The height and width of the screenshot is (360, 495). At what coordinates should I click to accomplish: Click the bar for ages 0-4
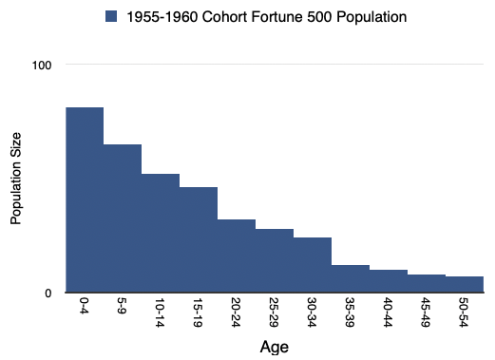85,199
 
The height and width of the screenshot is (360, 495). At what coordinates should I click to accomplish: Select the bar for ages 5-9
123,218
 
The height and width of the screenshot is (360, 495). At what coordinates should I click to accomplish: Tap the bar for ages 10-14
161,233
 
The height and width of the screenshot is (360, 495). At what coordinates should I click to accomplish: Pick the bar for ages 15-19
199,239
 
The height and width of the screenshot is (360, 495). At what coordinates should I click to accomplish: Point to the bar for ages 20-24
237,256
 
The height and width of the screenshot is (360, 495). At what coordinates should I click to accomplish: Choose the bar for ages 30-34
313,265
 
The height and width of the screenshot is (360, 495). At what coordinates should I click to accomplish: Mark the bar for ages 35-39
351,278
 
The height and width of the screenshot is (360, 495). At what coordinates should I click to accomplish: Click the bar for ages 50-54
465,284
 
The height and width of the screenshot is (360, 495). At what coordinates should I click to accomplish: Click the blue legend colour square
111,16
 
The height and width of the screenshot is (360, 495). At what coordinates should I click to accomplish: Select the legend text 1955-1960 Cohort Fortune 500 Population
267,17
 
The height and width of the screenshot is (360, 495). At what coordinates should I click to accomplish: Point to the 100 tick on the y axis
42,66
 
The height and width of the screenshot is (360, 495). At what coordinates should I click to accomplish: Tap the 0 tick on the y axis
48,294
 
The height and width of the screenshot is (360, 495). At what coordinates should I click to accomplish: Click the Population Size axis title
15,179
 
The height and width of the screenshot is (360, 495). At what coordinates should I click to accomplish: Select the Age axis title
275,347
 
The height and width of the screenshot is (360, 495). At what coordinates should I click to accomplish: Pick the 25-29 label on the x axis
274,313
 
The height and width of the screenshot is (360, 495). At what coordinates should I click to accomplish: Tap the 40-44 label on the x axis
388,313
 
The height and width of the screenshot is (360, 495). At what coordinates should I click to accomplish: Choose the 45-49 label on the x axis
426,313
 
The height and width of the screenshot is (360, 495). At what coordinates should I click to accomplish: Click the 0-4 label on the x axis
84,305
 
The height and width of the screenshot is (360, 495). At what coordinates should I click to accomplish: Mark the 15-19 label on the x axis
198,313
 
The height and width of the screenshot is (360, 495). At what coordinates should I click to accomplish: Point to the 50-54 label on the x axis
464,313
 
